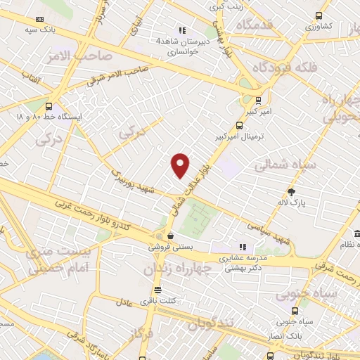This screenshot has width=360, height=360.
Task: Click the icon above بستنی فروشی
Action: pyautogui.click(x=171, y=236)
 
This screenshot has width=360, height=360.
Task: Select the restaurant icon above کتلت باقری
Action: pyautogui.click(x=157, y=289)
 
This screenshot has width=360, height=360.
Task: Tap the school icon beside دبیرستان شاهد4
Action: pyautogui.click(x=182, y=30)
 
